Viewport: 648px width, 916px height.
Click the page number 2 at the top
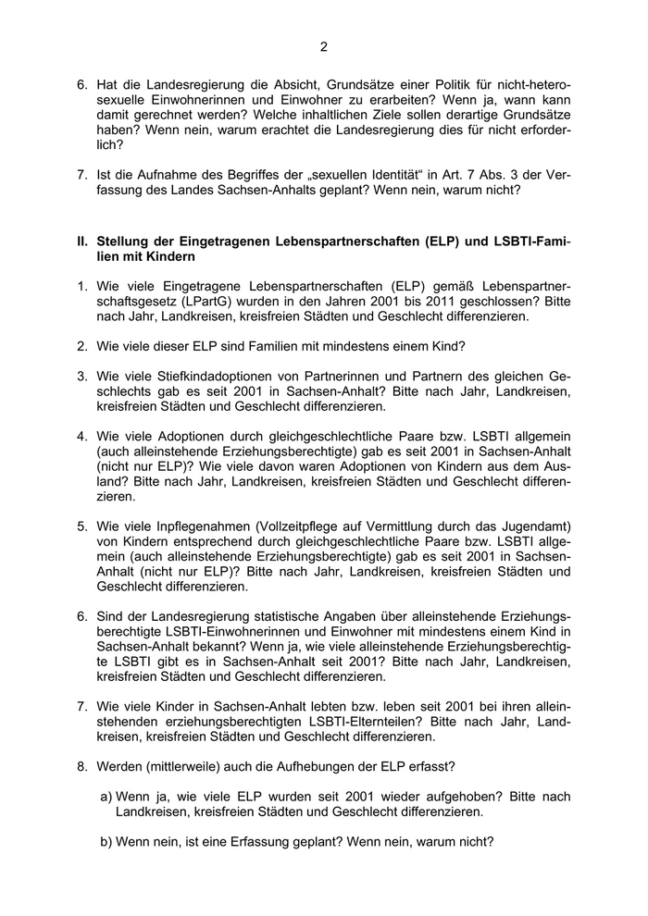[x=324, y=46]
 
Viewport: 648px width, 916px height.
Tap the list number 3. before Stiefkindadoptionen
[x=82, y=378]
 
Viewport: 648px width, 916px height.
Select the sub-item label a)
[x=106, y=797]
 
